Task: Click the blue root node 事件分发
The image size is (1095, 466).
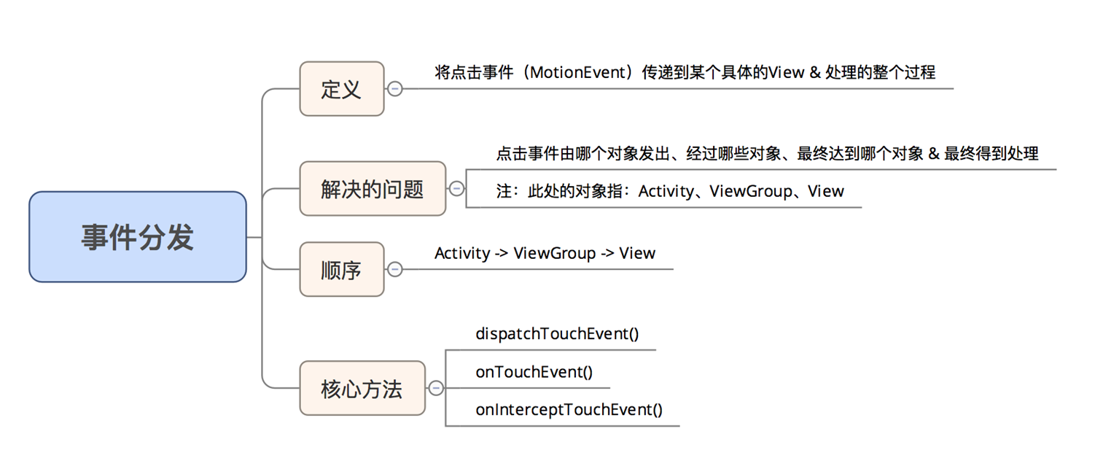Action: [x=138, y=237]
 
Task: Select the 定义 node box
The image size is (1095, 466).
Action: [x=342, y=88]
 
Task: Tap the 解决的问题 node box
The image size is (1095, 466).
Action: [x=373, y=189]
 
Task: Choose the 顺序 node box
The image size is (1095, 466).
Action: [x=342, y=269]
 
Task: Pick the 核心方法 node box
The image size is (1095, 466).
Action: [x=362, y=388]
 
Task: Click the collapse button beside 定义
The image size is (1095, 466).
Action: [x=395, y=89]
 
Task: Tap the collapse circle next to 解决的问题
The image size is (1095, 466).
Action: [x=456, y=189]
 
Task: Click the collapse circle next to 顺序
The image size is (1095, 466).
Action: [x=395, y=269]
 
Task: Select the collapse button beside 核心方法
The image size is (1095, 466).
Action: [x=435, y=388]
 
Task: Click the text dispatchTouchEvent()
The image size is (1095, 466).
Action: [x=557, y=334]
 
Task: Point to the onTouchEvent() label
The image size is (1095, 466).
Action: [x=534, y=372]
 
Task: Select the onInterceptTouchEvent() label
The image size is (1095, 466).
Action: [x=569, y=410]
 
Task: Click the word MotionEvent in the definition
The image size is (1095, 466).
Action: [x=578, y=73]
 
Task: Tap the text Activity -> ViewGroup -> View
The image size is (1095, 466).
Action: [x=545, y=253]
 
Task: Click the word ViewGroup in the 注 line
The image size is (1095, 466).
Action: [x=751, y=191]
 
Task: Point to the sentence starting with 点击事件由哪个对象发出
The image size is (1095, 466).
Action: [x=767, y=154]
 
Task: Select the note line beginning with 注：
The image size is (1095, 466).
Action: [x=670, y=191]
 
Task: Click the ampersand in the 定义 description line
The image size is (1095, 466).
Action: [x=815, y=73]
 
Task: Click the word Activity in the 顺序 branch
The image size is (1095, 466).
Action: [x=462, y=253]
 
